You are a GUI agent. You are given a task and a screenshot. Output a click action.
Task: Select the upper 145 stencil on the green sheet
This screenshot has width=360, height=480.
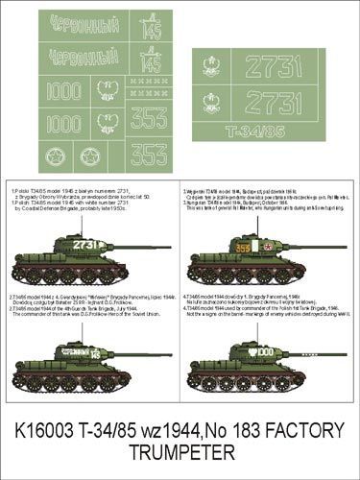click(x=148, y=29)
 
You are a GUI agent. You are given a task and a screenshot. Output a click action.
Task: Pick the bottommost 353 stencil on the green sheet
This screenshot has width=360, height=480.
click(x=148, y=153)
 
